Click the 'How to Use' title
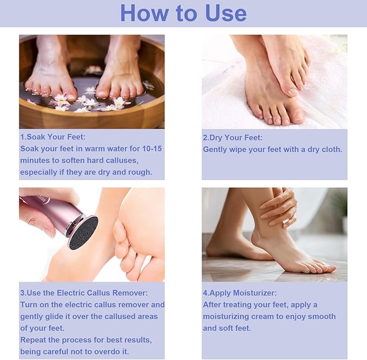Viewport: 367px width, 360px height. click(x=183, y=13)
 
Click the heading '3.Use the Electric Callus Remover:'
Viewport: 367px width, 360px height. click(x=84, y=292)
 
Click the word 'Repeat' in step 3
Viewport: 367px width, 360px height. click(x=34, y=340)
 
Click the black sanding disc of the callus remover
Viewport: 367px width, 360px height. click(x=83, y=232)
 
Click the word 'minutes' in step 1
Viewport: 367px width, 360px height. click(x=36, y=161)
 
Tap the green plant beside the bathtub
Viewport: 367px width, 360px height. click(x=341, y=205)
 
